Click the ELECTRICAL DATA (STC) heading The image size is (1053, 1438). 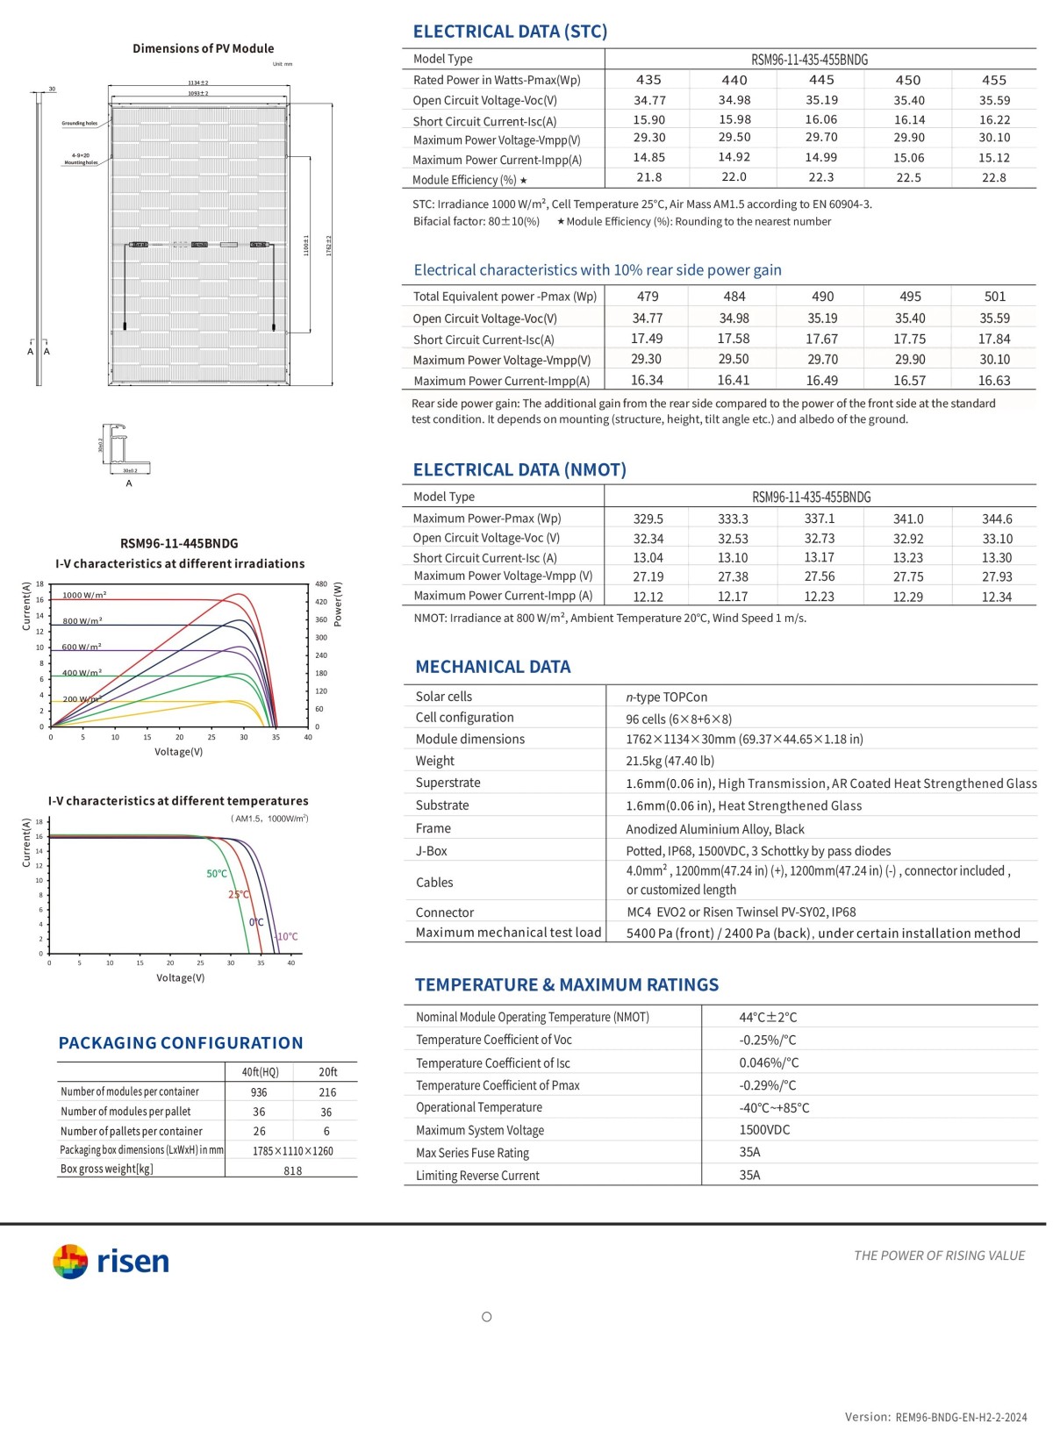point(510,32)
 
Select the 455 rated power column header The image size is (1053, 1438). point(993,80)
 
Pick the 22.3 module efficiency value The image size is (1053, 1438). point(820,177)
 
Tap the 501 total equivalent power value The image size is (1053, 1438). point(994,297)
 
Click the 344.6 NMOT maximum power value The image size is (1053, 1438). point(996,519)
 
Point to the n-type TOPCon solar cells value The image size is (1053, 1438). point(666,697)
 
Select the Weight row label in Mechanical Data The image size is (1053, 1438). point(434,761)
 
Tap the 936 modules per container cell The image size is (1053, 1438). point(259,1092)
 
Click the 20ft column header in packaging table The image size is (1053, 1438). point(327,1072)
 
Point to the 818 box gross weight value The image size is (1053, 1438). point(292,1170)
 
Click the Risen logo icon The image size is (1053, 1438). point(70,1262)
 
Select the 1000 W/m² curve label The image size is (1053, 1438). point(84,595)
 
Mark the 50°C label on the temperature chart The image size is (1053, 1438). point(217,874)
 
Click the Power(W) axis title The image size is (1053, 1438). point(338,604)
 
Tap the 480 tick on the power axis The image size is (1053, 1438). point(321,583)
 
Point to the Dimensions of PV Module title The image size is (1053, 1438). point(203,48)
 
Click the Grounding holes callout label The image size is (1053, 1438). point(79,124)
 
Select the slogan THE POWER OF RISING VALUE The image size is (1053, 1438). point(939,1256)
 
